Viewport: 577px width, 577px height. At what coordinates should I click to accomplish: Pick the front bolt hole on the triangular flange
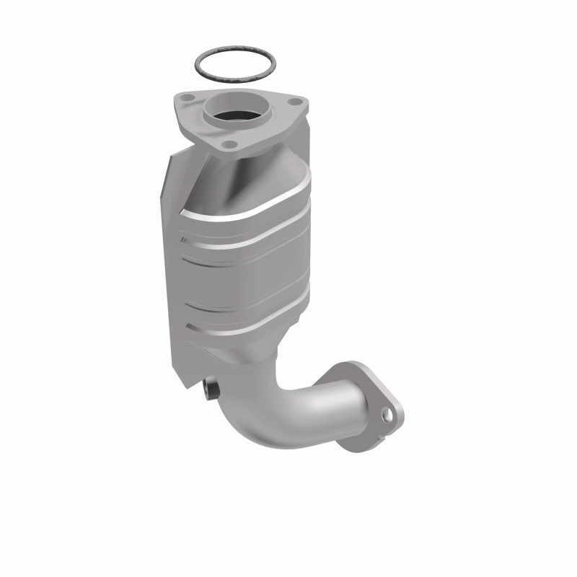tap(230, 145)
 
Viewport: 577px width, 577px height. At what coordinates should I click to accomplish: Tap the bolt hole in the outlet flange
tap(389, 415)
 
